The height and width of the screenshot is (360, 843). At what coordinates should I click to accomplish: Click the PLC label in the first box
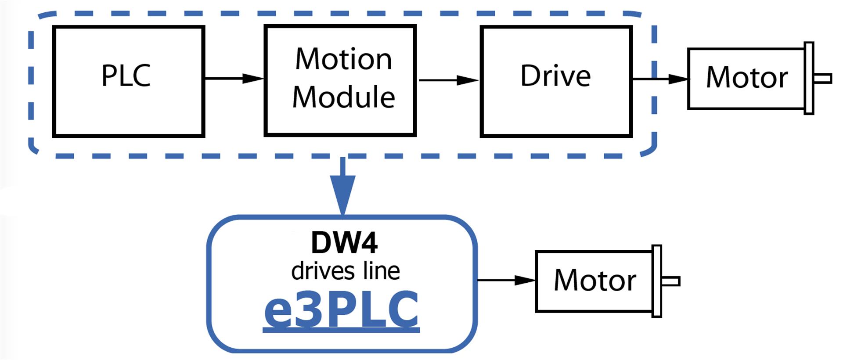pos(126,76)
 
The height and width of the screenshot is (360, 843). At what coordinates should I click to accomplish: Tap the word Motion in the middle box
pos(343,59)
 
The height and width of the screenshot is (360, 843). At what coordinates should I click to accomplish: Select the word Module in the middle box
pos(343,97)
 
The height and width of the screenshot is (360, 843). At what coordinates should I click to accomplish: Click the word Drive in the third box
pos(555,76)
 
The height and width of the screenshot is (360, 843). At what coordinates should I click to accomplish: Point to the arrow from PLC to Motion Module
pos(234,79)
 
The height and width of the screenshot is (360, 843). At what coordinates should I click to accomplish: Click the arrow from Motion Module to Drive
pos(449,80)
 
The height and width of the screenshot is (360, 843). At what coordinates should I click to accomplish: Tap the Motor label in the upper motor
pos(747,78)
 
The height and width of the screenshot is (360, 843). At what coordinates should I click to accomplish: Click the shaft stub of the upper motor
pos(823,79)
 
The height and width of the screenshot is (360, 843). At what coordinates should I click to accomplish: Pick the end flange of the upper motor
pos(809,78)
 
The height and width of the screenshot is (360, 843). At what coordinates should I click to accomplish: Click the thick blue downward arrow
pos(343,186)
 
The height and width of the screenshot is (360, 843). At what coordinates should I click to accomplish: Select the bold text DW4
pos(344,242)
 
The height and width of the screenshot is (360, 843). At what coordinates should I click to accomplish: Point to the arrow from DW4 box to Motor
pos(506,280)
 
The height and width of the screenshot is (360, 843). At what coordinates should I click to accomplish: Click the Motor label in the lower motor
pos(595,280)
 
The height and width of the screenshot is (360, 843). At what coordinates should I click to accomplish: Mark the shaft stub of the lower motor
pos(671,281)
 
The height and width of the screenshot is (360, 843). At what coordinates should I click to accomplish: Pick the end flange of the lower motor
pos(657,281)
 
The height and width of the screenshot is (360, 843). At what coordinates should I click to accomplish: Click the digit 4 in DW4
pos(368,242)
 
